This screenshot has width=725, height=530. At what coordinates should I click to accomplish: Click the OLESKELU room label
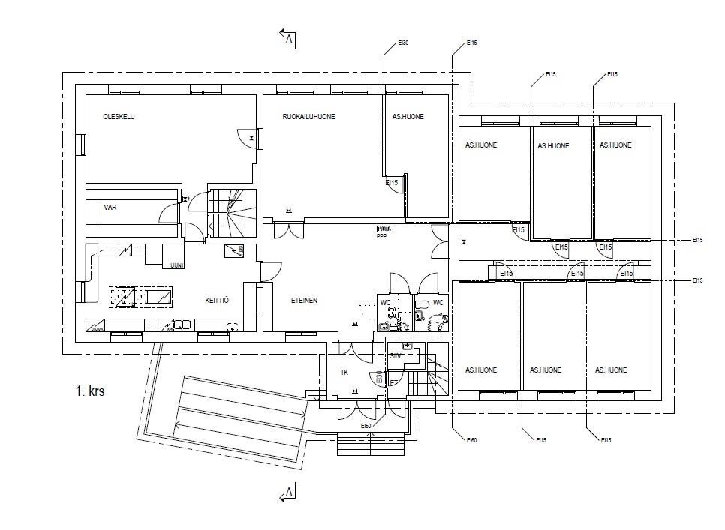[x=119, y=117]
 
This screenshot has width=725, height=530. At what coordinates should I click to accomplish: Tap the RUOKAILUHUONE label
[x=308, y=117]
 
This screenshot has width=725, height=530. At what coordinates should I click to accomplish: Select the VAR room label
[x=110, y=207]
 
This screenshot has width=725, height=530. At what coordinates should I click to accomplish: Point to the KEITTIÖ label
[x=216, y=301]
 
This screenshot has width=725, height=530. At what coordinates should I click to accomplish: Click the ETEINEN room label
[x=304, y=301]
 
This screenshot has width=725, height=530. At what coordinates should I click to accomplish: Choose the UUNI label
[x=177, y=265]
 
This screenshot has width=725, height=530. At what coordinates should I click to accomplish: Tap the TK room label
[x=344, y=373]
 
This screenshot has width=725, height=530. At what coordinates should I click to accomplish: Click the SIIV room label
[x=396, y=356]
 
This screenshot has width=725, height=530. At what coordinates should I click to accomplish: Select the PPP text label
[x=381, y=236]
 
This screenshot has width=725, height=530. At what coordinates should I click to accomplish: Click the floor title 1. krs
[x=90, y=391]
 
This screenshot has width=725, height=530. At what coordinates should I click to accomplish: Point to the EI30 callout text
[x=403, y=43]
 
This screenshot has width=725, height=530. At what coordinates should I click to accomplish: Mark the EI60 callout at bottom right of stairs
[x=471, y=440]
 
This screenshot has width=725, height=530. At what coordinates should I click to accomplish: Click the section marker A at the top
[x=288, y=38]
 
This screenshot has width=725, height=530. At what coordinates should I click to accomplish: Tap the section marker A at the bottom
[x=287, y=493]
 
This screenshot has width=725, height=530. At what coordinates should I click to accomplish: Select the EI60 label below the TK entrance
[x=366, y=427]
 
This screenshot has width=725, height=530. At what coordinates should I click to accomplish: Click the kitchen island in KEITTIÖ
[x=140, y=296]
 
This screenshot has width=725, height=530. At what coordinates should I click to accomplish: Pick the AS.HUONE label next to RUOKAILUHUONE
[x=408, y=117]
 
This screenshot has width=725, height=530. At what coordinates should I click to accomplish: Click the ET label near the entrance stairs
[x=393, y=383]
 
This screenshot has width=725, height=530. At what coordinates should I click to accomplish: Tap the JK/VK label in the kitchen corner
[x=97, y=328]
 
